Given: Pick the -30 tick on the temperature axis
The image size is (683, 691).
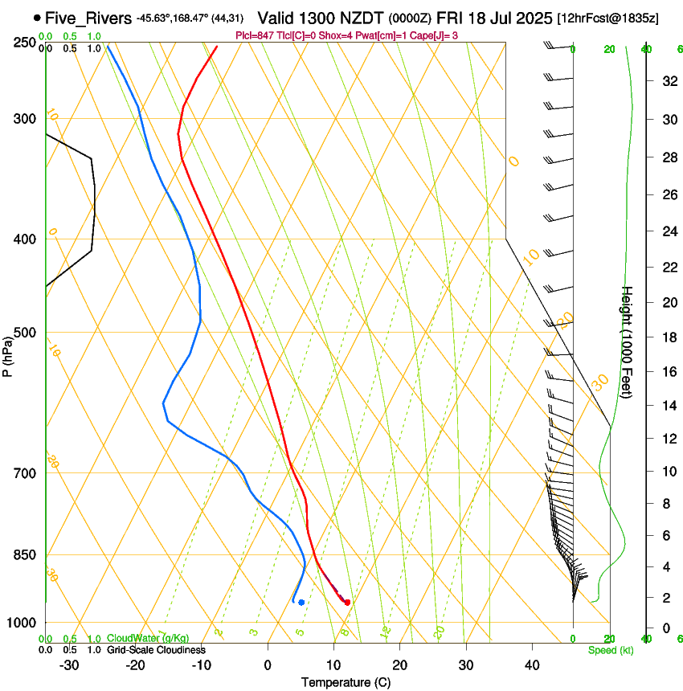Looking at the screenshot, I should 69,665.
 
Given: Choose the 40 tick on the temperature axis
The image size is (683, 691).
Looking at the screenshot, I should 532,665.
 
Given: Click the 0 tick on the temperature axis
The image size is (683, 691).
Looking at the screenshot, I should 268,665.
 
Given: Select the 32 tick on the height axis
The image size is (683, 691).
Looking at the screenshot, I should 667,81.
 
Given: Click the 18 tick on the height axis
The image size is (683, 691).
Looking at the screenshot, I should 667,337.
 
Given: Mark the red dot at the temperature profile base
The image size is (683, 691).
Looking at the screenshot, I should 347,602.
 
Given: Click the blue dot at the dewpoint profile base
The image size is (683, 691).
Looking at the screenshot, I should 301,602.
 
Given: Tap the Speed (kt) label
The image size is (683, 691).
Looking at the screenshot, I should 611,650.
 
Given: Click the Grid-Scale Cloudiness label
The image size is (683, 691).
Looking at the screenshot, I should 155,650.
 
